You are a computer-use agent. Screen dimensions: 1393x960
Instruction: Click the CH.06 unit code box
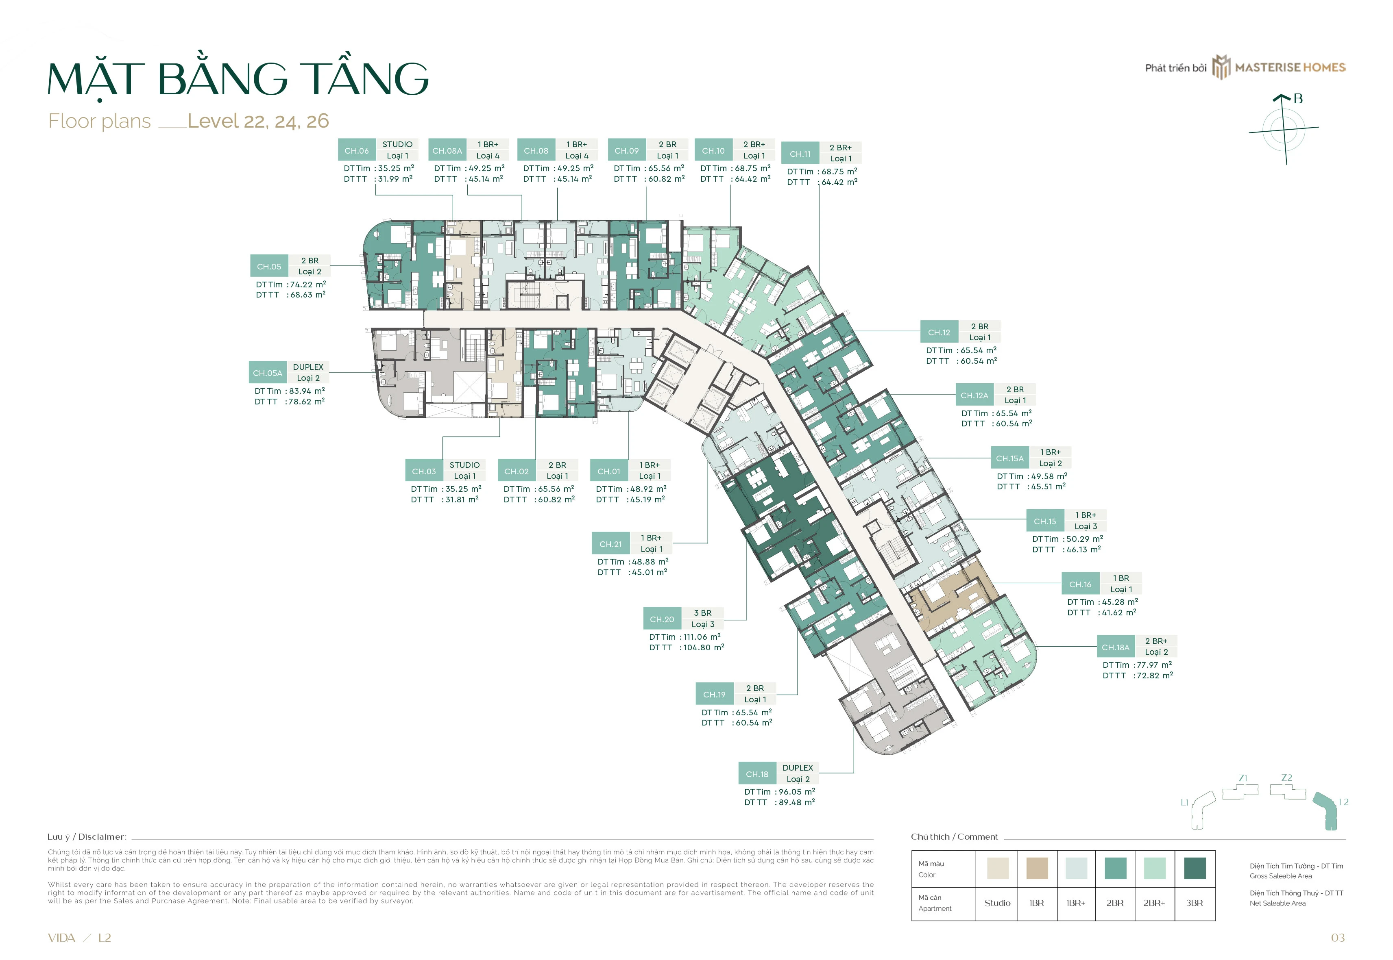pos(356,150)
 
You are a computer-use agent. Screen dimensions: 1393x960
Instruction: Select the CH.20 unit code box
pos(662,619)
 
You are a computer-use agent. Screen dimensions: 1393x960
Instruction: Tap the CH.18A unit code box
pos(1116,647)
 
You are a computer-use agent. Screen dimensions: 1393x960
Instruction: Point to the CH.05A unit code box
pos(267,373)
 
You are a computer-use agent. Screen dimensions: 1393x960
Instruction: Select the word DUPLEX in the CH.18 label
pos(798,767)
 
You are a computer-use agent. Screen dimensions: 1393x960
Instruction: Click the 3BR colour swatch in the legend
pos(1195,868)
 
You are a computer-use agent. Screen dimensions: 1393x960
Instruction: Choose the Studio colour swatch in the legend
pos(998,868)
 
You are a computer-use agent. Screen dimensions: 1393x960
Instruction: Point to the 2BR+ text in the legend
pos(1154,903)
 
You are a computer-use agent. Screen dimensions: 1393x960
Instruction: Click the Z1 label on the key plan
pos(1243,778)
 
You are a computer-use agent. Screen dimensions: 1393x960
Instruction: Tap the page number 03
pos(1338,938)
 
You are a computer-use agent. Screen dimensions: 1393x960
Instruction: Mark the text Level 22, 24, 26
pos(258,121)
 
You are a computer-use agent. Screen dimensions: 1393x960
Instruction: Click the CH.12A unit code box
pos(974,395)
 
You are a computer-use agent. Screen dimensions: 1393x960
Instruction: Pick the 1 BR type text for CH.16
pos(1121,578)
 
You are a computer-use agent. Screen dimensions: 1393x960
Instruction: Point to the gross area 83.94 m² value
pos(306,391)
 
